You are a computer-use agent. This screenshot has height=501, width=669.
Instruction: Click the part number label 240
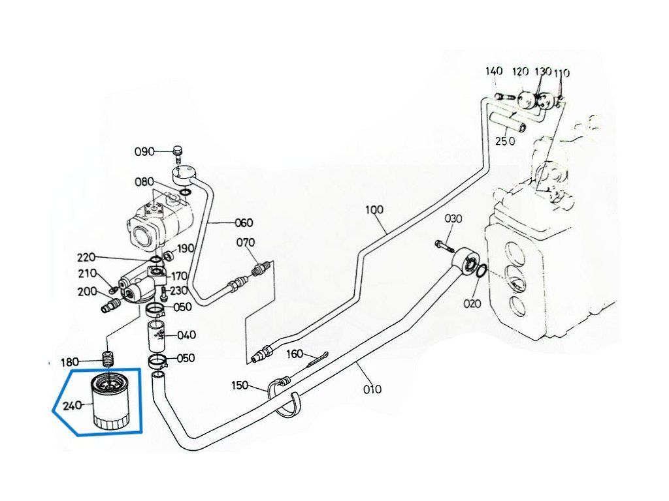pyautogui.click(x=72, y=406)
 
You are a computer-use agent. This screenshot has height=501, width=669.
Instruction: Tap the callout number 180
pyautogui.click(x=69, y=363)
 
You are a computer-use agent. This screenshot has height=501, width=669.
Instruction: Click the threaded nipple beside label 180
pyautogui.click(x=110, y=359)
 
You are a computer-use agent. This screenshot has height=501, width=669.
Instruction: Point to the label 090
pyautogui.click(x=144, y=151)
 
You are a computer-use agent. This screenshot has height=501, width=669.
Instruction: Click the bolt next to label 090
pyautogui.click(x=178, y=154)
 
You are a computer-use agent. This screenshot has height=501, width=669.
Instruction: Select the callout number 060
pyautogui.click(x=244, y=223)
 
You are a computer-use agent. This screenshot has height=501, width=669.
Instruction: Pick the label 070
pyautogui.click(x=246, y=243)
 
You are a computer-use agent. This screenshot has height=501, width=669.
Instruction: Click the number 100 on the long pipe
pyautogui.click(x=374, y=209)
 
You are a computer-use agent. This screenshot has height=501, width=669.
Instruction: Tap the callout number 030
pyautogui.click(x=453, y=219)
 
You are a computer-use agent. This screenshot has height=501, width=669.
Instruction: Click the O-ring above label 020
pyautogui.click(x=481, y=271)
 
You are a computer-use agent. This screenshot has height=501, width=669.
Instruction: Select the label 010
pyautogui.click(x=372, y=389)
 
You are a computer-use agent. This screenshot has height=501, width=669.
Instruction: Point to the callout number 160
pyautogui.click(x=295, y=354)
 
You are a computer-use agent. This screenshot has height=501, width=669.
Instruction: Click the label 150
pyautogui.click(x=239, y=386)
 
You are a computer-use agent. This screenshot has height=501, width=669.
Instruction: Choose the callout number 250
pyautogui.click(x=505, y=141)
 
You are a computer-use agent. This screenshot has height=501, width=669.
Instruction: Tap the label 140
pyautogui.click(x=494, y=70)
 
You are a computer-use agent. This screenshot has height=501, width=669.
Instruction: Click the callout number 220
pyautogui.click(x=86, y=258)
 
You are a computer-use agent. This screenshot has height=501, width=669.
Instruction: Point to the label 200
pyautogui.click(x=87, y=292)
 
